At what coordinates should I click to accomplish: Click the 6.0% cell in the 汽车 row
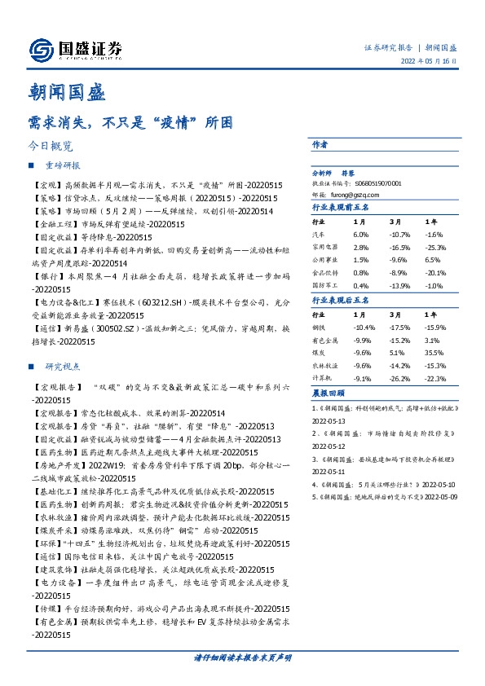[x=359, y=234]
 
